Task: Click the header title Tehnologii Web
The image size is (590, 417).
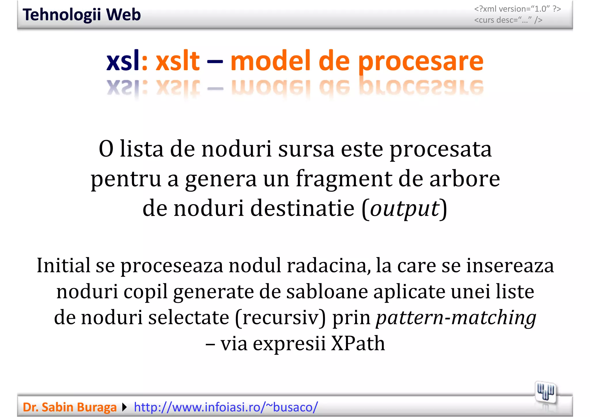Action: [x=82, y=15]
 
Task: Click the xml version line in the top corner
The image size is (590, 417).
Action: [x=517, y=9]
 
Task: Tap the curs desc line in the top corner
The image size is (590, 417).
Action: [x=508, y=20]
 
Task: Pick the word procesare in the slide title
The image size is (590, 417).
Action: [x=421, y=61]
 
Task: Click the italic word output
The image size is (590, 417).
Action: [x=404, y=208]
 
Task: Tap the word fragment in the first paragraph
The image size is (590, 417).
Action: [x=344, y=179]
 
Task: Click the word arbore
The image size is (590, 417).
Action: [x=464, y=179]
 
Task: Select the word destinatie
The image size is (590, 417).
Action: [x=302, y=208]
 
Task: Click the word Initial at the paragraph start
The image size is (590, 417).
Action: [x=63, y=265]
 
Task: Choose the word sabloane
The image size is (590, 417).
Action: [x=327, y=291]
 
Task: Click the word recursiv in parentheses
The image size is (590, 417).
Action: [x=280, y=317]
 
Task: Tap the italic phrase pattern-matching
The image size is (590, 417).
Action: [x=456, y=317]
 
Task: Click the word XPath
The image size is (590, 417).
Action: [x=358, y=343]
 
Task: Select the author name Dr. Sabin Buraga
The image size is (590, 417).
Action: [x=69, y=407]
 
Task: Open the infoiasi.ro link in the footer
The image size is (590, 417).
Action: [x=226, y=407]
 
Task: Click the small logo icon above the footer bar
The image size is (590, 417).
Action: [x=545, y=393]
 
